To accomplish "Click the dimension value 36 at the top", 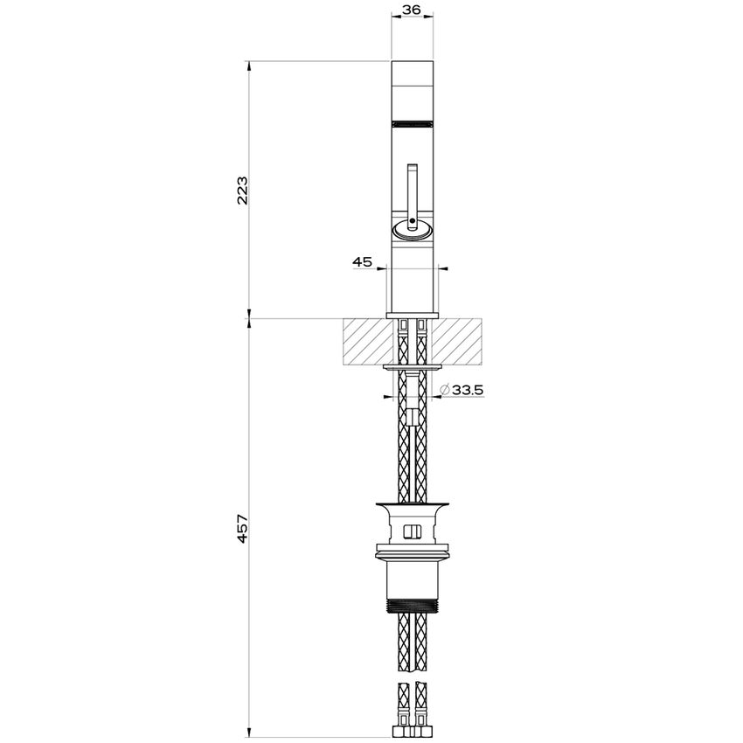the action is pos(412,9).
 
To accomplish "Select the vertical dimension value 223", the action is pos(242,190).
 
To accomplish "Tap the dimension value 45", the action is pos(363,261).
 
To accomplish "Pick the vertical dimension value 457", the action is pos(242,528).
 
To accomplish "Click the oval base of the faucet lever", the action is pos(412,231).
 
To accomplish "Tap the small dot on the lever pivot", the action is pos(413,220).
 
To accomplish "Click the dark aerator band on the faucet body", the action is pos(412,122).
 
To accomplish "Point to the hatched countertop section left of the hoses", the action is pos(367,342).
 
